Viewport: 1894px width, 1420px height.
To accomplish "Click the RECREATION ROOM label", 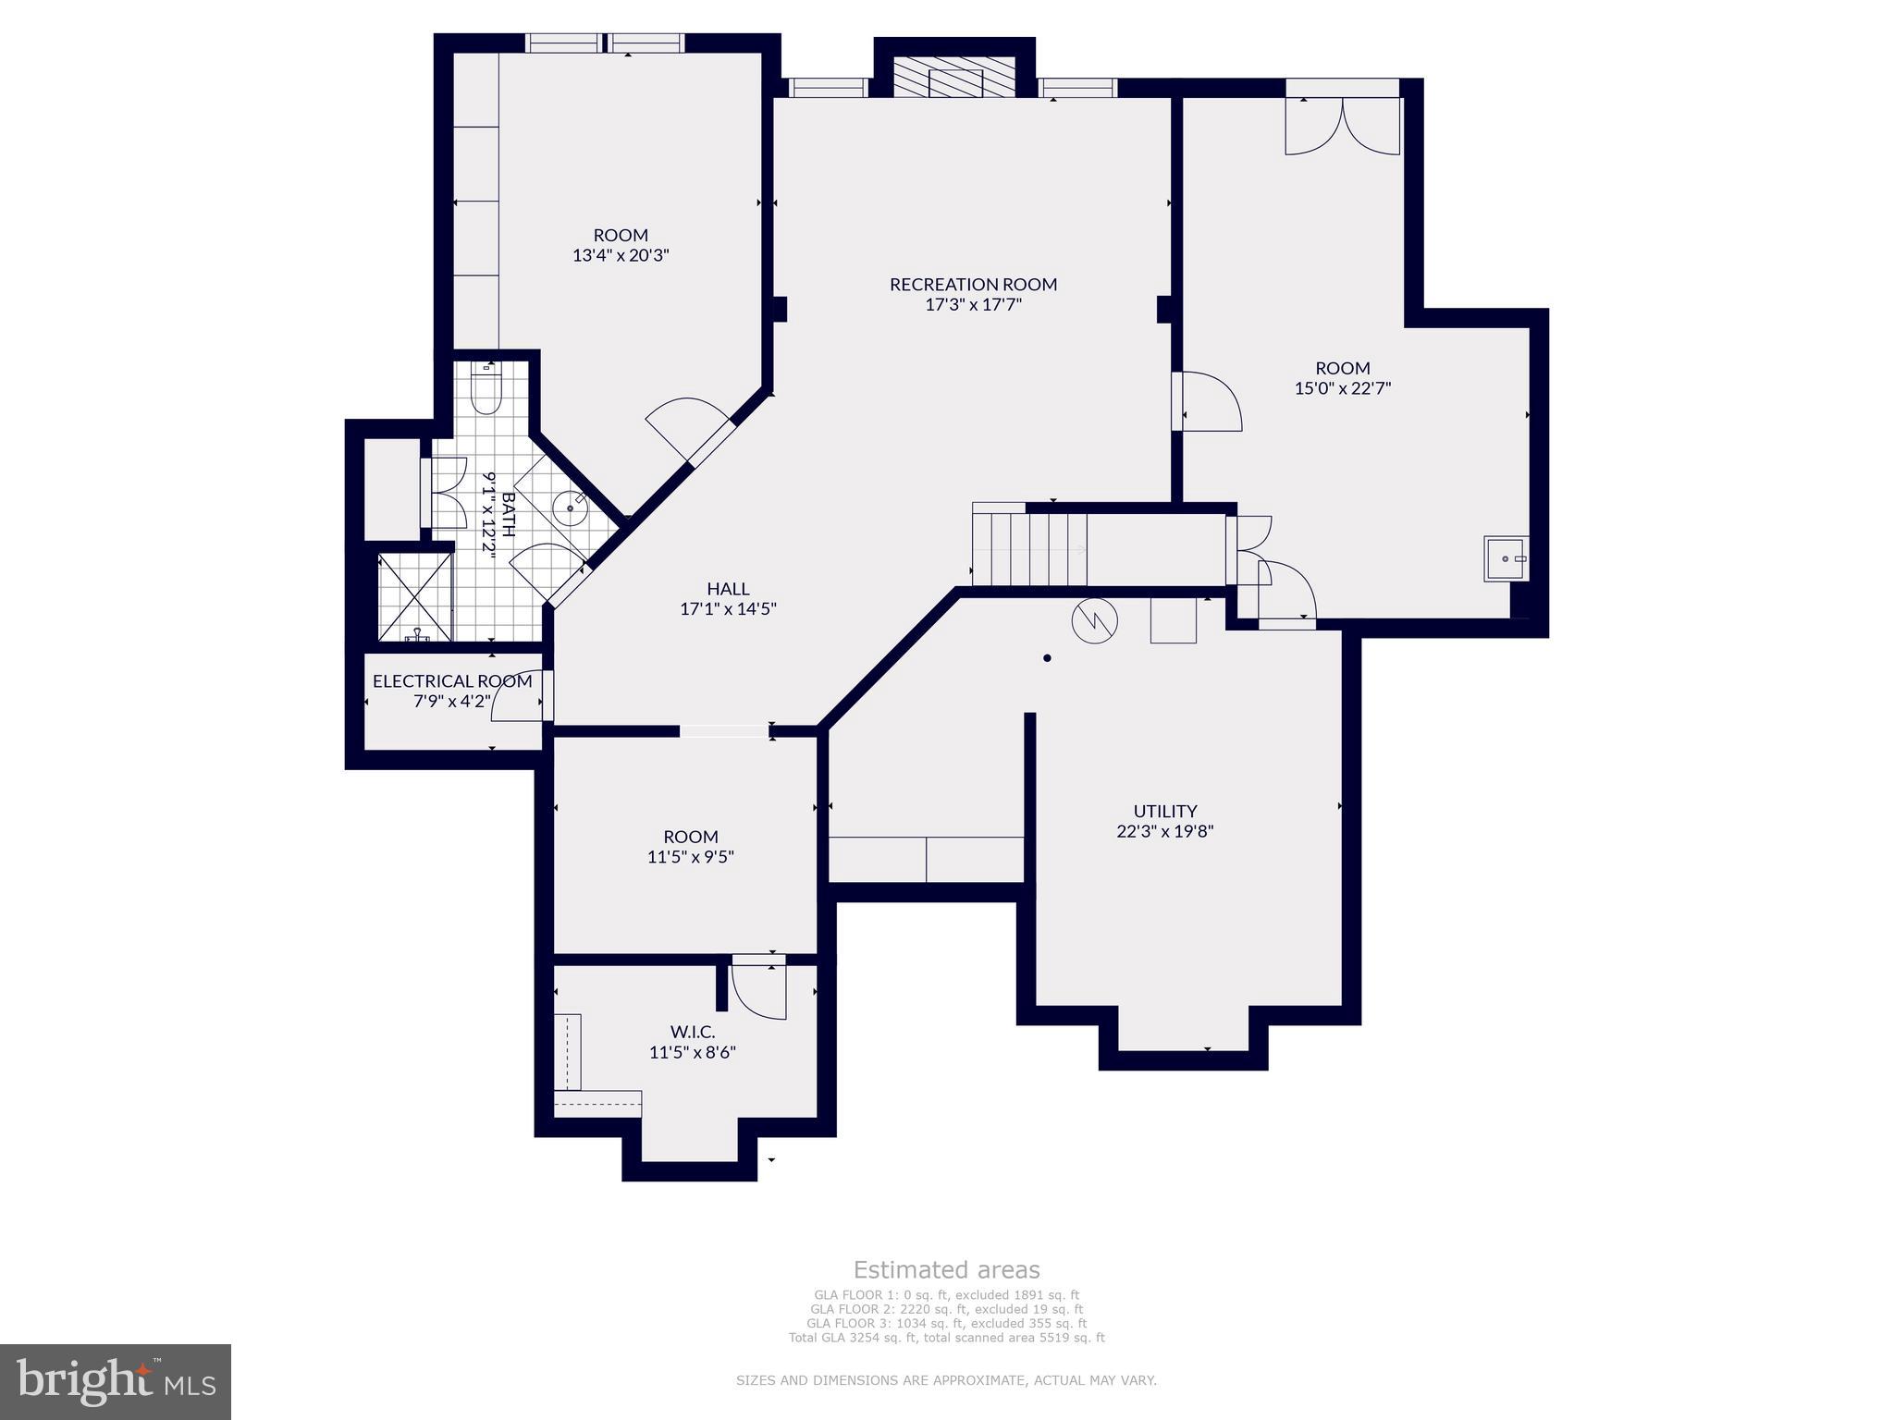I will tap(973, 284).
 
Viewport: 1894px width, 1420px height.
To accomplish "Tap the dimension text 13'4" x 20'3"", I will tap(621, 255).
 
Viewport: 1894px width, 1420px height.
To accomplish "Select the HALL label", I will tap(728, 588).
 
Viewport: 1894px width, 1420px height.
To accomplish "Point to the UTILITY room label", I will tap(1165, 811).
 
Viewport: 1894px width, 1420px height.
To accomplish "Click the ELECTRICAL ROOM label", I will tap(452, 681).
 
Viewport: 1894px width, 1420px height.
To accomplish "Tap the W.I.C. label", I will tap(693, 1032).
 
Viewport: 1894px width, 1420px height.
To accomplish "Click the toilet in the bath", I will tap(485, 391).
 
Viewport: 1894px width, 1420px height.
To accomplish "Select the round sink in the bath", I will tap(570, 508).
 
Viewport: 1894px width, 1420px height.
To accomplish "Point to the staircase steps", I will tap(1029, 548).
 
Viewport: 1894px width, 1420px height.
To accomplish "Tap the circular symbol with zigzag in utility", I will tap(1094, 621).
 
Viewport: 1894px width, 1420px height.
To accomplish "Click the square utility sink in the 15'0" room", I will tap(1506, 558).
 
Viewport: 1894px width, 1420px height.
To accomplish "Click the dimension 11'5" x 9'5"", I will tap(691, 857).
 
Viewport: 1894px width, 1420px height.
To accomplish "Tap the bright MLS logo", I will tap(116, 1381).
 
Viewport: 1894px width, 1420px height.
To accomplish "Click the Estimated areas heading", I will tap(946, 1269).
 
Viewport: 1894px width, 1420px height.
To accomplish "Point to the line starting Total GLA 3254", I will tap(946, 1337).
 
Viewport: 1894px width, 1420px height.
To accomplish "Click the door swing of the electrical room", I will tap(518, 694).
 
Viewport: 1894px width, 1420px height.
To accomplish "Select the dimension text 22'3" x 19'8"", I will tap(1165, 831).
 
